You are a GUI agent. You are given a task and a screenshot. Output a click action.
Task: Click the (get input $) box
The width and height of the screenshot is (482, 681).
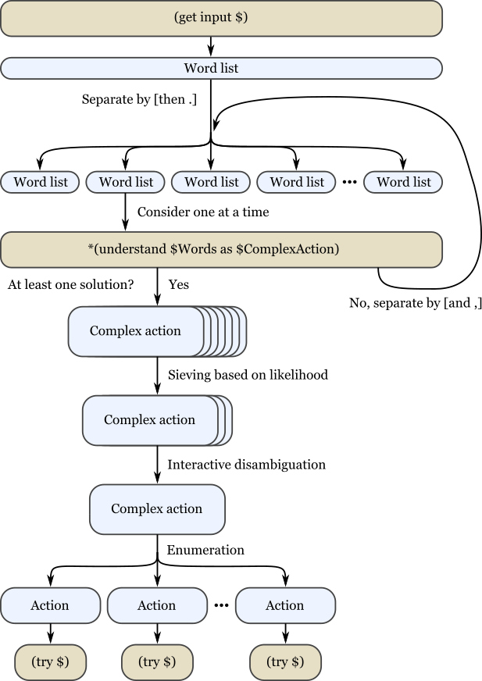[221, 18]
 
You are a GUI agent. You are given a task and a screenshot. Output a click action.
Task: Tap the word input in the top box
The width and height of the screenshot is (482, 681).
[216, 17]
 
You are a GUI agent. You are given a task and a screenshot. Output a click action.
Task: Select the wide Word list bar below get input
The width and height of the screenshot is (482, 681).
[221, 69]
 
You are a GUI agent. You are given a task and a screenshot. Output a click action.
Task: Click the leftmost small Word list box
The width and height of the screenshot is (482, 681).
[40, 182]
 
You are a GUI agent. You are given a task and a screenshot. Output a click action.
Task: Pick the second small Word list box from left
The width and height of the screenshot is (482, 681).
[125, 182]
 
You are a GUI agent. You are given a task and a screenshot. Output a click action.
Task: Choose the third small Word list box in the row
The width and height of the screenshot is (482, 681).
[210, 182]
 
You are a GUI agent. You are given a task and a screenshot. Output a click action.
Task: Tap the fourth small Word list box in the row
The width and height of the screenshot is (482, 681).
[296, 182]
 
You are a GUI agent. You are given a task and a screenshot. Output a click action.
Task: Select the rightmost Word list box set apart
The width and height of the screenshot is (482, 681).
[403, 182]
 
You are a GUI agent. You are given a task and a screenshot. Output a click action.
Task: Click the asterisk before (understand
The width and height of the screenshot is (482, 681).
[91, 250]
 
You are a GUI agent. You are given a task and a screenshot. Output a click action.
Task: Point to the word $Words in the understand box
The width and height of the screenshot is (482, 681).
[190, 250]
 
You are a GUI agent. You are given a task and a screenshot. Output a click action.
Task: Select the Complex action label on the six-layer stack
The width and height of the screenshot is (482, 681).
[135, 331]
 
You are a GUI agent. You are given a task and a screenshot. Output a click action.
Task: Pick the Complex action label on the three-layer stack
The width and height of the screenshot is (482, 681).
[149, 420]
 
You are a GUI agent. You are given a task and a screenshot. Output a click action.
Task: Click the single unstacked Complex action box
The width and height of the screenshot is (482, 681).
[156, 509]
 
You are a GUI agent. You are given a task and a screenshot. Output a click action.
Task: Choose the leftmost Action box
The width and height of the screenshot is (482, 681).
[50, 606]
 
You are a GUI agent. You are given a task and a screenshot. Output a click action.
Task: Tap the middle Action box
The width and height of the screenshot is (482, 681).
[156, 606]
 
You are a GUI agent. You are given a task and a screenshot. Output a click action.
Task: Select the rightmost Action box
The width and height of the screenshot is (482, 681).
[285, 606]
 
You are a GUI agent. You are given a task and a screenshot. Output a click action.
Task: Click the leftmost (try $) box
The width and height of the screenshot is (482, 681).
[50, 662]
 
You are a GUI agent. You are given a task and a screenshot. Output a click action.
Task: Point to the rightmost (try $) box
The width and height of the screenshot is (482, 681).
[285, 662]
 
